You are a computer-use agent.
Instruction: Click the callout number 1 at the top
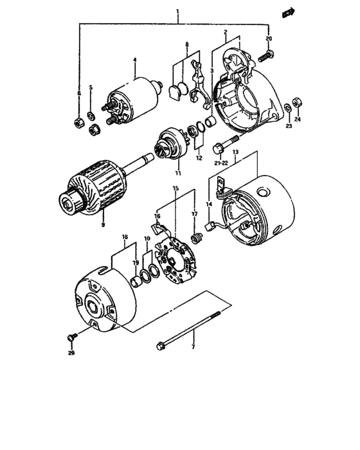coord(177,12)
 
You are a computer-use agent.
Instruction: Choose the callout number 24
coord(298,119)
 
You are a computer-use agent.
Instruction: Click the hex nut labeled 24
coord(297,101)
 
